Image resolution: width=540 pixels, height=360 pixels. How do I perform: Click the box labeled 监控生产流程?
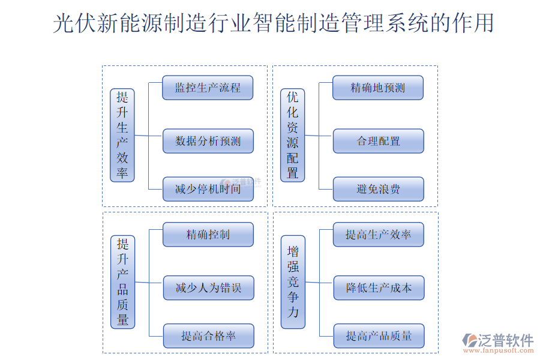point(208,88)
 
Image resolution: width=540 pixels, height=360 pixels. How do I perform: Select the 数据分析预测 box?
point(208,141)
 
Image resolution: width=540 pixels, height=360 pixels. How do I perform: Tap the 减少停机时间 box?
point(208,189)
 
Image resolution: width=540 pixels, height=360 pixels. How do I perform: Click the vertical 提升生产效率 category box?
point(122,135)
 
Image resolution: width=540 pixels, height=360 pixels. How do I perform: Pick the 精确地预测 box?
point(378,88)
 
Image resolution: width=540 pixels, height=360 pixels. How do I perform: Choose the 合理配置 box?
point(378,141)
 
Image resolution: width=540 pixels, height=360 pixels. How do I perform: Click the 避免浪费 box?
point(378,189)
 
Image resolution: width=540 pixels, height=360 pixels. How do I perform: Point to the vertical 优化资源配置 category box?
point(293,135)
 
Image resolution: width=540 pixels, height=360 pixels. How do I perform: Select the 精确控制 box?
point(208,234)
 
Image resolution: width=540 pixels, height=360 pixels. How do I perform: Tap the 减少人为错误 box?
point(208,288)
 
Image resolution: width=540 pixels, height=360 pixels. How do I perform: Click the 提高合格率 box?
point(208,336)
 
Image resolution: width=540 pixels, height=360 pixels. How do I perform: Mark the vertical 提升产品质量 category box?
point(122,281)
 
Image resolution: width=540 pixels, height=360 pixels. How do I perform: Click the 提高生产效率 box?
point(378,234)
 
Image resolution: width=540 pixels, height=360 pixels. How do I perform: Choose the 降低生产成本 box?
point(378,288)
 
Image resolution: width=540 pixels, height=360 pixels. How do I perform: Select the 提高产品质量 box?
point(378,336)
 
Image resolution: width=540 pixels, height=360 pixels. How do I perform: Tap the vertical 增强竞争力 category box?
point(293,281)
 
